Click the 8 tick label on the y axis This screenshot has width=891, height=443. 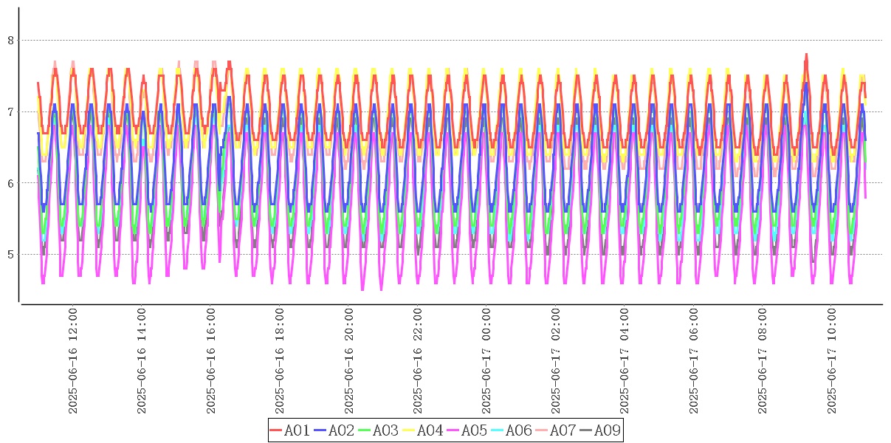click(x=10, y=40)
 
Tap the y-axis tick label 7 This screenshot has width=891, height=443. click(x=10, y=111)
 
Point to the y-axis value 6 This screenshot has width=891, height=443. click(x=10, y=183)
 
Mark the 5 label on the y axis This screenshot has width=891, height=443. click(x=10, y=255)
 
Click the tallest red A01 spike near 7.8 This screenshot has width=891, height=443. click(x=806, y=55)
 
